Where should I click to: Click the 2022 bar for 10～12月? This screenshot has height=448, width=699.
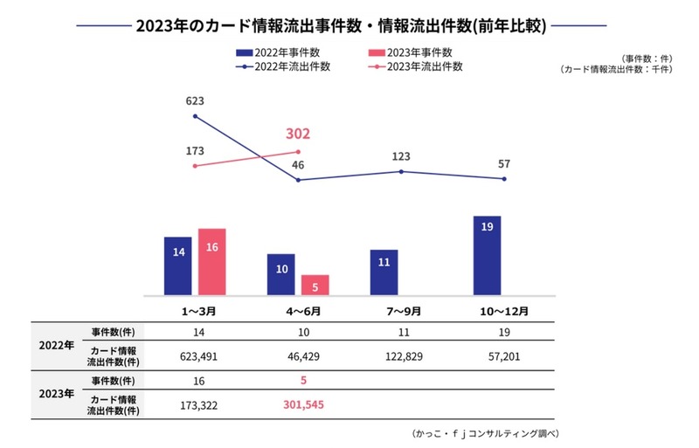486,255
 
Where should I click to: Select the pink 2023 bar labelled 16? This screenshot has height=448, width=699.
211,261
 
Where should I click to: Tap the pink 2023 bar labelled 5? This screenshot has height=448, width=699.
315,284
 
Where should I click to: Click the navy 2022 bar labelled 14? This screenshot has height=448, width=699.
177,265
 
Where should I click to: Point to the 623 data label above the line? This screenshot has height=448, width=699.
195,101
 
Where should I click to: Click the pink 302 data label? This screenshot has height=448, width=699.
299,134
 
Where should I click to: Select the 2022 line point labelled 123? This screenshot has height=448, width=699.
401,171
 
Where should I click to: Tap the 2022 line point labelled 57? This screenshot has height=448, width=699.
504,179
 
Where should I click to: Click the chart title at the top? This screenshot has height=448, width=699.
342,25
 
